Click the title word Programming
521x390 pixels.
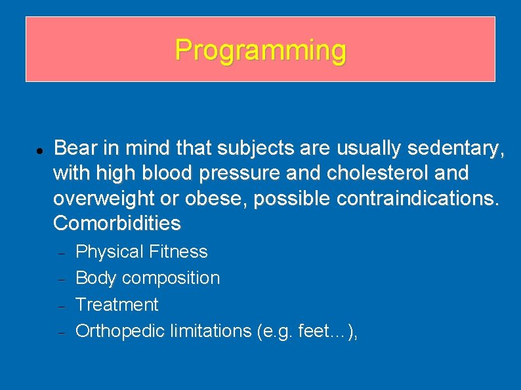(260, 50)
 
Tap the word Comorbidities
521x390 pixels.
(117, 223)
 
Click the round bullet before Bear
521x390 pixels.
(39, 150)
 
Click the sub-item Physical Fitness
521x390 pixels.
(142, 252)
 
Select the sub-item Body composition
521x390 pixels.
(148, 278)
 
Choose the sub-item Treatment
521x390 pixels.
(117, 305)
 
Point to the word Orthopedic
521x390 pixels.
(120, 331)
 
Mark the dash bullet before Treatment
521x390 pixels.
(59, 306)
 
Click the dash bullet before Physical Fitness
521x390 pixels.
(59, 253)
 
